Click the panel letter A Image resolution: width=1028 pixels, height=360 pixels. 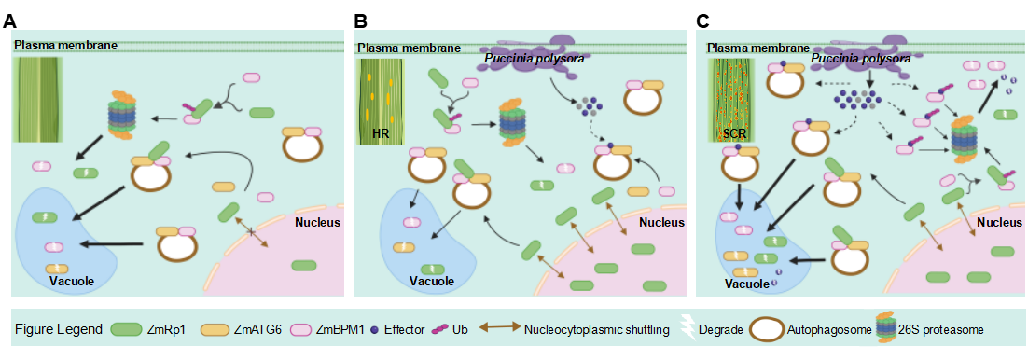(x=9, y=21)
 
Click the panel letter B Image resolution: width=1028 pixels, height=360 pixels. (x=360, y=21)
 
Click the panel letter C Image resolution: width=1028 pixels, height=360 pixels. (x=702, y=21)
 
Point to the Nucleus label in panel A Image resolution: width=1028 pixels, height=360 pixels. (x=318, y=222)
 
